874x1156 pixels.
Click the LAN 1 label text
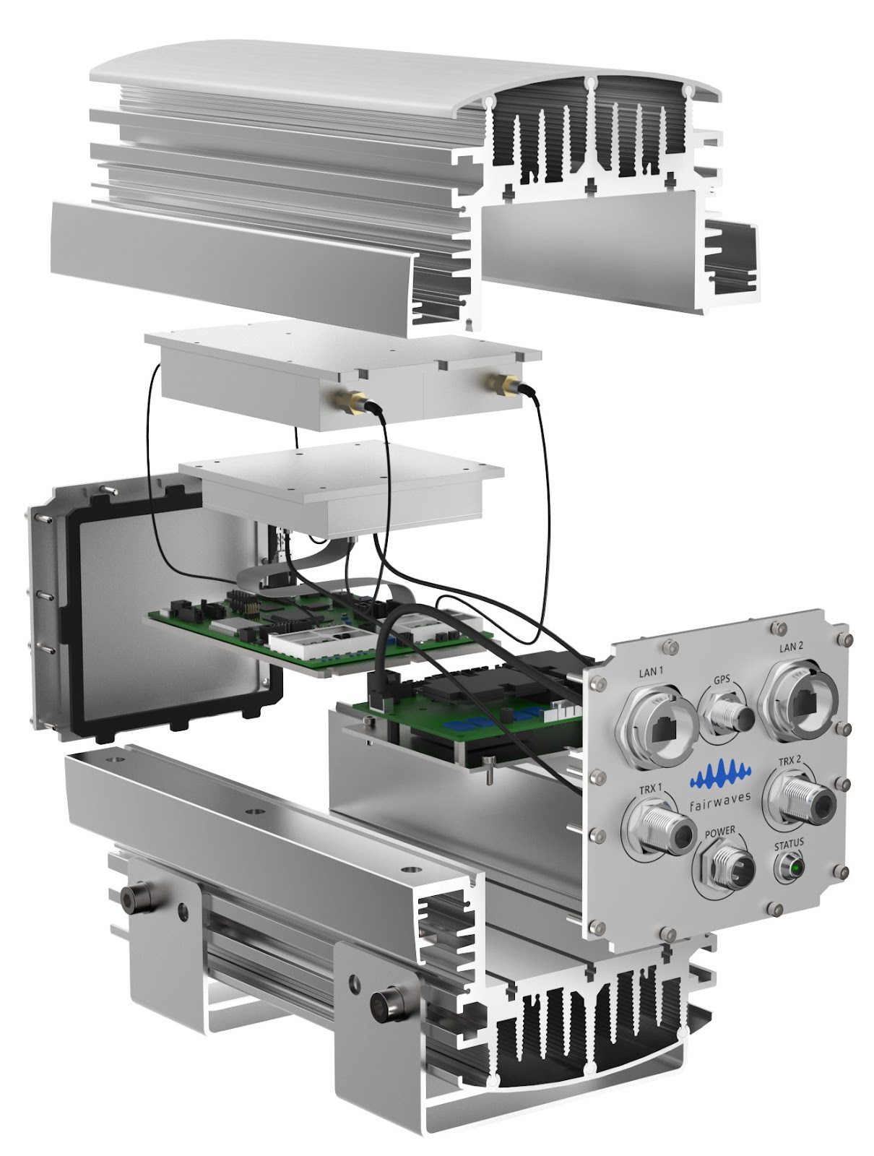652,672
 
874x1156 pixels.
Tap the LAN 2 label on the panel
791,647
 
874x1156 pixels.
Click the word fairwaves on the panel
719,800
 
